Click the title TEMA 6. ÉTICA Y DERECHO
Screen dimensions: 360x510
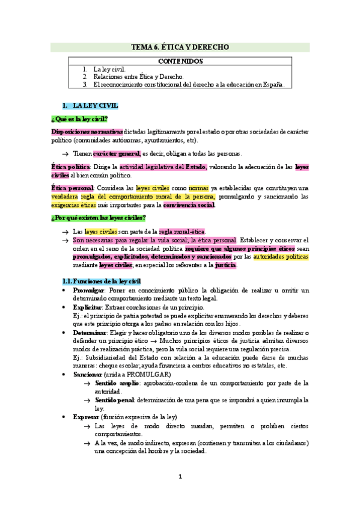180,48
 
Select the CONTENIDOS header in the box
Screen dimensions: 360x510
180,61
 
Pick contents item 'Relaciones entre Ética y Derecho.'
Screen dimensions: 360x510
129,76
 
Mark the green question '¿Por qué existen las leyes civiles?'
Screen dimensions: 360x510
99,218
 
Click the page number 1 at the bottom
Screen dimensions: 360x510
180,477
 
